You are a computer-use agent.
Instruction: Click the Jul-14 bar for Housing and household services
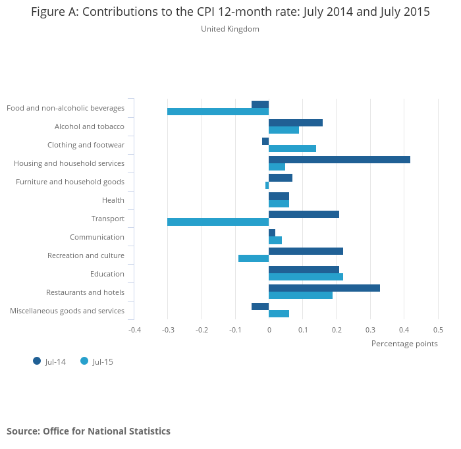(339, 159)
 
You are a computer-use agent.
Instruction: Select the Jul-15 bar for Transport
(218, 222)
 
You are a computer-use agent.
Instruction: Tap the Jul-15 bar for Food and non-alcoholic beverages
(218, 111)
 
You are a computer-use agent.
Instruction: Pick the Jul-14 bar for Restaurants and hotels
(324, 288)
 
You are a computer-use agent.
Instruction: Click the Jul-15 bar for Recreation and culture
(254, 259)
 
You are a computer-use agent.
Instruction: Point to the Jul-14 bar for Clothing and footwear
(265, 141)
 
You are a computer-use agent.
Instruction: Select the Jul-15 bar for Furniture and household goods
(267, 185)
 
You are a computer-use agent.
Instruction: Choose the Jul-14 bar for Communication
(272, 232)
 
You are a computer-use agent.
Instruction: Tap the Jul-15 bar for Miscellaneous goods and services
(279, 314)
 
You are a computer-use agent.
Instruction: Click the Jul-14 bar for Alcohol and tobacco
(296, 122)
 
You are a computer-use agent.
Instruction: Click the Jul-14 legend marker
(37, 361)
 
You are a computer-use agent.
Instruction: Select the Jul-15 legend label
(103, 361)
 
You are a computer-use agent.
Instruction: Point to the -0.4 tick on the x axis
(134, 329)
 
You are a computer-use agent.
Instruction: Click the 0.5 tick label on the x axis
(438, 329)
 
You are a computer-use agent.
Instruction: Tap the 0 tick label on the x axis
(269, 329)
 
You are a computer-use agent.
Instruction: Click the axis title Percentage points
(404, 343)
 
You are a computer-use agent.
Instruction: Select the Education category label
(107, 274)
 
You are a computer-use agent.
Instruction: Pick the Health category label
(113, 200)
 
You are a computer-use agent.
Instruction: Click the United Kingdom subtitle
(230, 29)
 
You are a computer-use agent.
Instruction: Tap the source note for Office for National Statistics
(88, 431)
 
